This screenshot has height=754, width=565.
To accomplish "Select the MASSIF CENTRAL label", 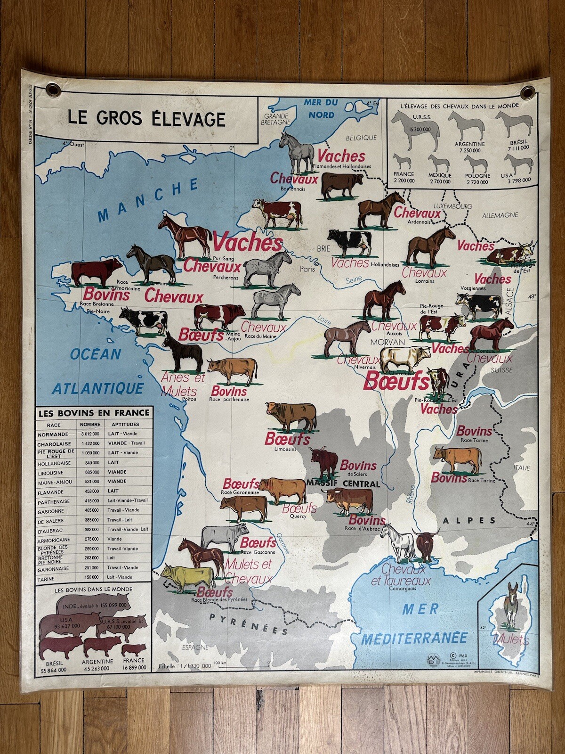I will [343, 484].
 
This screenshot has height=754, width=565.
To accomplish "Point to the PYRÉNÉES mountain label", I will [249, 624].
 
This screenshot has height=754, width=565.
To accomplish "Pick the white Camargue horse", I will [398, 542].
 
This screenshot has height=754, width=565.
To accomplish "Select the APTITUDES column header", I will [125, 425].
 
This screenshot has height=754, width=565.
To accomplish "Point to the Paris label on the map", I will [308, 270].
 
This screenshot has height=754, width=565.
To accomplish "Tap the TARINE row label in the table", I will [46, 578].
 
